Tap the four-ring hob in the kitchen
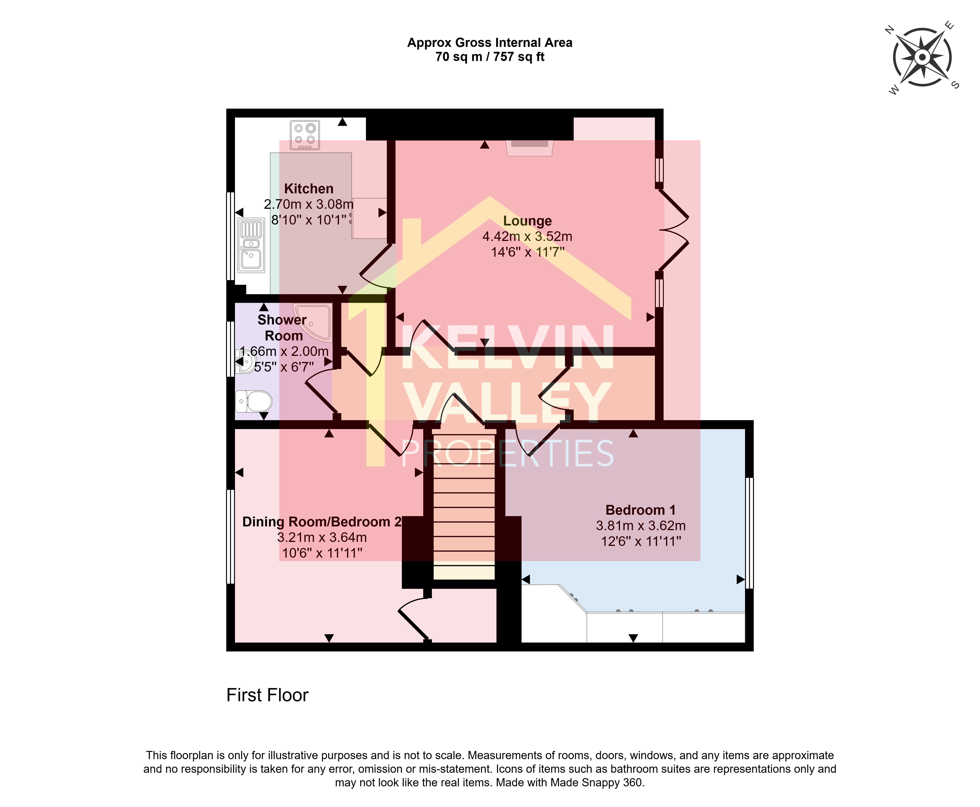point(305,135)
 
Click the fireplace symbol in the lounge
point(530,148)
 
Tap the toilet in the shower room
point(254,401)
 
